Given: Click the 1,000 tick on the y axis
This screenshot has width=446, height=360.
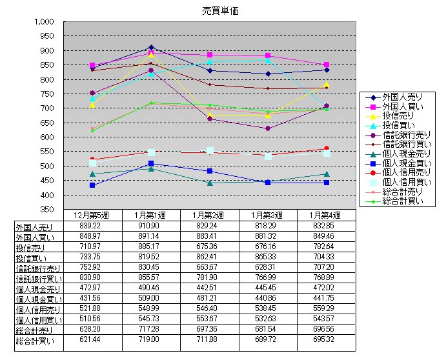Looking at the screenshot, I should tap(45, 21).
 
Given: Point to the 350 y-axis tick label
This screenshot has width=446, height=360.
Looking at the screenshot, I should tap(48, 210).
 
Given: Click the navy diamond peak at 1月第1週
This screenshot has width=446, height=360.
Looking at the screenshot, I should tap(151, 47).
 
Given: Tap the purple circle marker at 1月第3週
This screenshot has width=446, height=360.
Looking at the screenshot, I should tap(268, 128).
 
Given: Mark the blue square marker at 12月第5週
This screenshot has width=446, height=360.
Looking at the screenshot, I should tap(92, 185).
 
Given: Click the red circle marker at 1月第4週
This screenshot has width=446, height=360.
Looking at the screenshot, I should tap(327, 149).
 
